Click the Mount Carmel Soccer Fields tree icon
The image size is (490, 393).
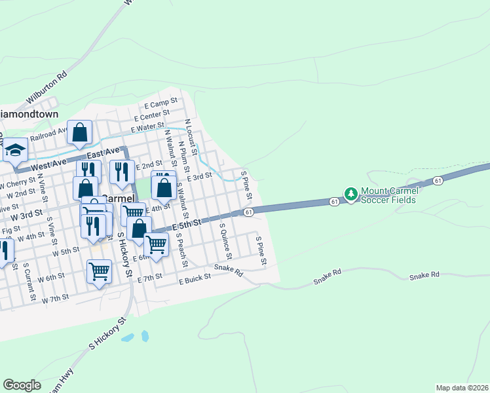(351, 195)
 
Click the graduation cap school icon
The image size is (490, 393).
(14, 151)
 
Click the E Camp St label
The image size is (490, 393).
(161, 104)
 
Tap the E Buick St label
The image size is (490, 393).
(195, 278)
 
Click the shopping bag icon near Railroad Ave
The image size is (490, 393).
(80, 132)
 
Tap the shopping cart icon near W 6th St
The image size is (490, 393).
(99, 270)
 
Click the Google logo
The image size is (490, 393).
(22, 384)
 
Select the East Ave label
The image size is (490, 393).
(103, 153)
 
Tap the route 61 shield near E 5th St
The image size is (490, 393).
(248, 212)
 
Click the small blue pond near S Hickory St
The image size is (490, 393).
(145, 336)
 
